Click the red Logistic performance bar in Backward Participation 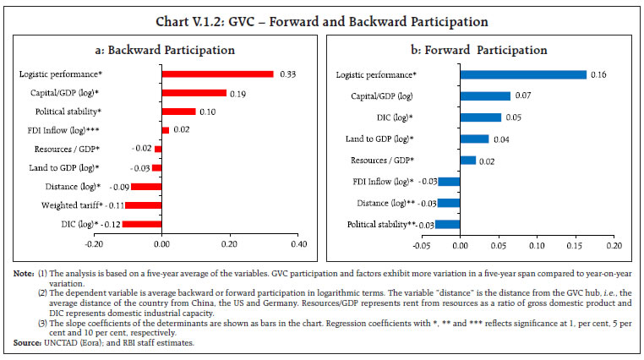pos(217,74)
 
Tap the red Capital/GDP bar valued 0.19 pos(194,93)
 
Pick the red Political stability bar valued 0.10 pos(178,112)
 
